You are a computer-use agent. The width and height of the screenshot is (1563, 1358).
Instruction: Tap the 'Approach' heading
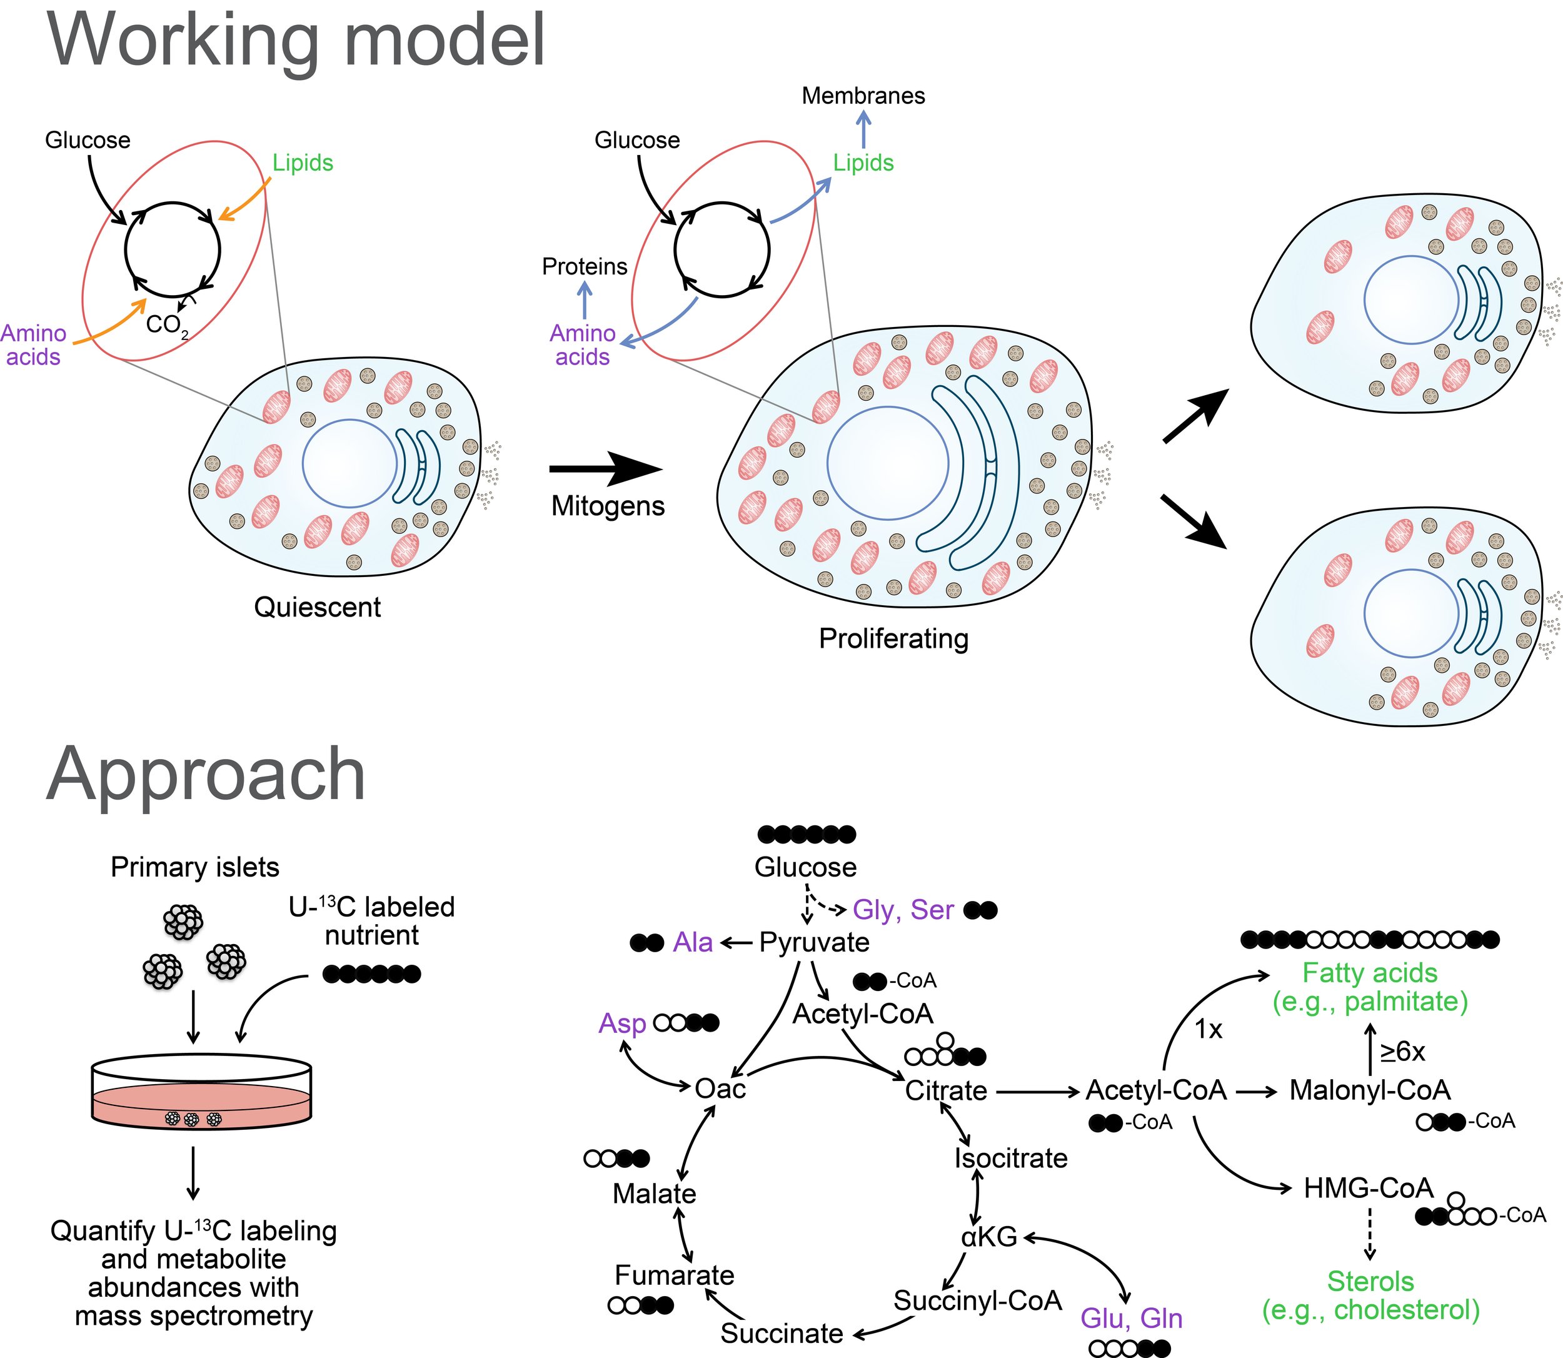tap(206, 774)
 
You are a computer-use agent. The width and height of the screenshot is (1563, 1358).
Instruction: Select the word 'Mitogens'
tap(608, 505)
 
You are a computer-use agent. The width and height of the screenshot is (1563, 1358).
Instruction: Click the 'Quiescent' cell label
tap(318, 607)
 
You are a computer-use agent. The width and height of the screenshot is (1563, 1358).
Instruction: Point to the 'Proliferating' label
tap(893, 638)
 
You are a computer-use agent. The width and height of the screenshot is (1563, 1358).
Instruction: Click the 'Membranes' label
tap(863, 96)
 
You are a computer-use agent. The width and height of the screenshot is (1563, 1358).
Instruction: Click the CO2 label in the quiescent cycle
tap(166, 325)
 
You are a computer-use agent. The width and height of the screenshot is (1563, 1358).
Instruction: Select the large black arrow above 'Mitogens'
tap(605, 469)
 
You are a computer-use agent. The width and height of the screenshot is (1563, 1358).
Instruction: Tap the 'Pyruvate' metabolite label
tap(814, 942)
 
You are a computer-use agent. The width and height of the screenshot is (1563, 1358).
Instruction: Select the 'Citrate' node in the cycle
tap(945, 1090)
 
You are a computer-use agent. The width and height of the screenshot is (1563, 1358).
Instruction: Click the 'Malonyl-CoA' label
tap(1369, 1090)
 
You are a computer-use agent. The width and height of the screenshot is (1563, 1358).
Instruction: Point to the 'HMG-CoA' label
tap(1369, 1187)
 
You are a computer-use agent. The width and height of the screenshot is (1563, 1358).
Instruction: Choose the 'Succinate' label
tap(781, 1333)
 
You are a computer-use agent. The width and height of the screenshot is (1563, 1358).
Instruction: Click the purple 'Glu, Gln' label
tap(1131, 1318)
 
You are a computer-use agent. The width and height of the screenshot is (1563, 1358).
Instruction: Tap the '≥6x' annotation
tap(1402, 1051)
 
